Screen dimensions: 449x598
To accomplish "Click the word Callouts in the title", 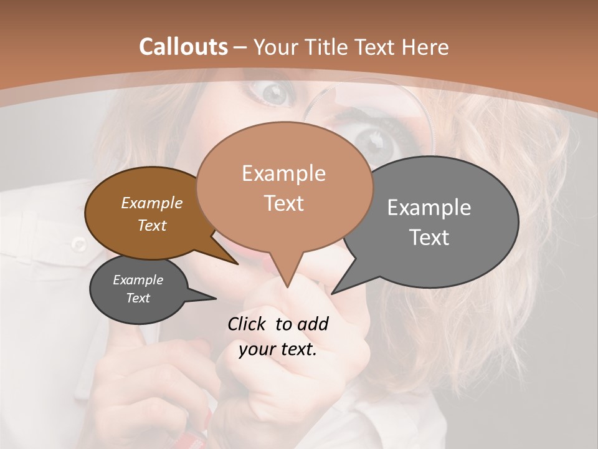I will [x=183, y=47].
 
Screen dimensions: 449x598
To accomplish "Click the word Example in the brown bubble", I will [x=151, y=203].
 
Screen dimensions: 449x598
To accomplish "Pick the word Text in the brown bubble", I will [x=151, y=225].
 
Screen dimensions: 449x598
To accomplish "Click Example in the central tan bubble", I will [x=283, y=173].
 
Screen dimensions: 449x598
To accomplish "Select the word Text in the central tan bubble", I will [x=283, y=203].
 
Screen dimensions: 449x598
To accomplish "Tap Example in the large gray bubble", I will [x=429, y=207].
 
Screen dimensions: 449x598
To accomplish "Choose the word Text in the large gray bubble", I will [x=429, y=238].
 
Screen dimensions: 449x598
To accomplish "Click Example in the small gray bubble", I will [x=138, y=280].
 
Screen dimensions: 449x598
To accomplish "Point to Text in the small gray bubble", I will [x=138, y=298].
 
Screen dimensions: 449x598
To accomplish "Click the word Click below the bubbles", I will [x=247, y=324].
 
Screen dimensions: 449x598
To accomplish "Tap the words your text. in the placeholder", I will [x=278, y=349].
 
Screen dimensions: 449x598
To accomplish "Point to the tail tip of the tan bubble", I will [x=287, y=287].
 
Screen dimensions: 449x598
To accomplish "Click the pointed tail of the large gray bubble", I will [x=332, y=293].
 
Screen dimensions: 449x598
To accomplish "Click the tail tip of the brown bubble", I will [x=238, y=264].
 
